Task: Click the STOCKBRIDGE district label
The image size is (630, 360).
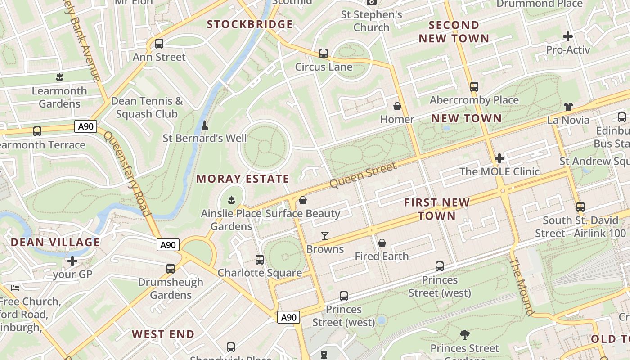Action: coord(250,24)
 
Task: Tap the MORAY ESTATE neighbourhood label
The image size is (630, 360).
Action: coord(243,179)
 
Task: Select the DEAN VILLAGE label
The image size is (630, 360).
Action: coord(55,243)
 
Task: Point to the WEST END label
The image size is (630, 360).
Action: coord(163,334)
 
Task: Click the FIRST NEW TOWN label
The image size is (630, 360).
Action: coord(436,209)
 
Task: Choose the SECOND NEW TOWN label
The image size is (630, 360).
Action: coord(454,31)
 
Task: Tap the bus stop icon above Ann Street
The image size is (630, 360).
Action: coord(159,44)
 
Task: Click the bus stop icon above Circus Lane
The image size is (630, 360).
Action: coord(323,54)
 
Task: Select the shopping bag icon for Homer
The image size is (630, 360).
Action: coord(397,106)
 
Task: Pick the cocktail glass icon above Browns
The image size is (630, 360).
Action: coord(325,236)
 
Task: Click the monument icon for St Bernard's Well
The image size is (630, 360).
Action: coord(205,126)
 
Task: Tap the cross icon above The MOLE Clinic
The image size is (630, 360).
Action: coord(499,158)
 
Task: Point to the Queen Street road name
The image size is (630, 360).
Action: coord(363,175)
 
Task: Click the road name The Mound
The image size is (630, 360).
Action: coord(522,287)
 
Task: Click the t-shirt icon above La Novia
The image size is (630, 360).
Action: coord(568,107)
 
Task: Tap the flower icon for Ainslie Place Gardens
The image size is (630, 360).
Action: coord(231,199)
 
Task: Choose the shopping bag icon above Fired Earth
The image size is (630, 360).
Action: coord(382,243)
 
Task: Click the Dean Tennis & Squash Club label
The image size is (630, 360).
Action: coord(147,108)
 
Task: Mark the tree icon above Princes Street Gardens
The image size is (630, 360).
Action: coord(464,335)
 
